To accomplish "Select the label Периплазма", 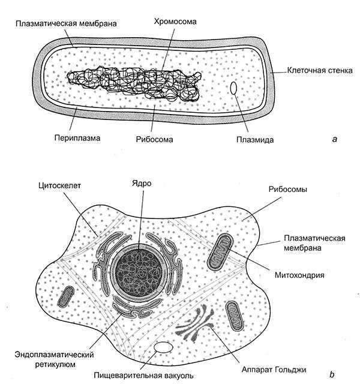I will pyautogui.click(x=75, y=137).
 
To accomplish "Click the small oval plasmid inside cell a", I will pyautogui.click(x=234, y=89).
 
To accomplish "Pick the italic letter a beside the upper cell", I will pyautogui.click(x=334, y=139).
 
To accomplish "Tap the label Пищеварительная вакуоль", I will pyautogui.click(x=143, y=375).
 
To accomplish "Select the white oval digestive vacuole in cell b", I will pyautogui.click(x=163, y=348).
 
